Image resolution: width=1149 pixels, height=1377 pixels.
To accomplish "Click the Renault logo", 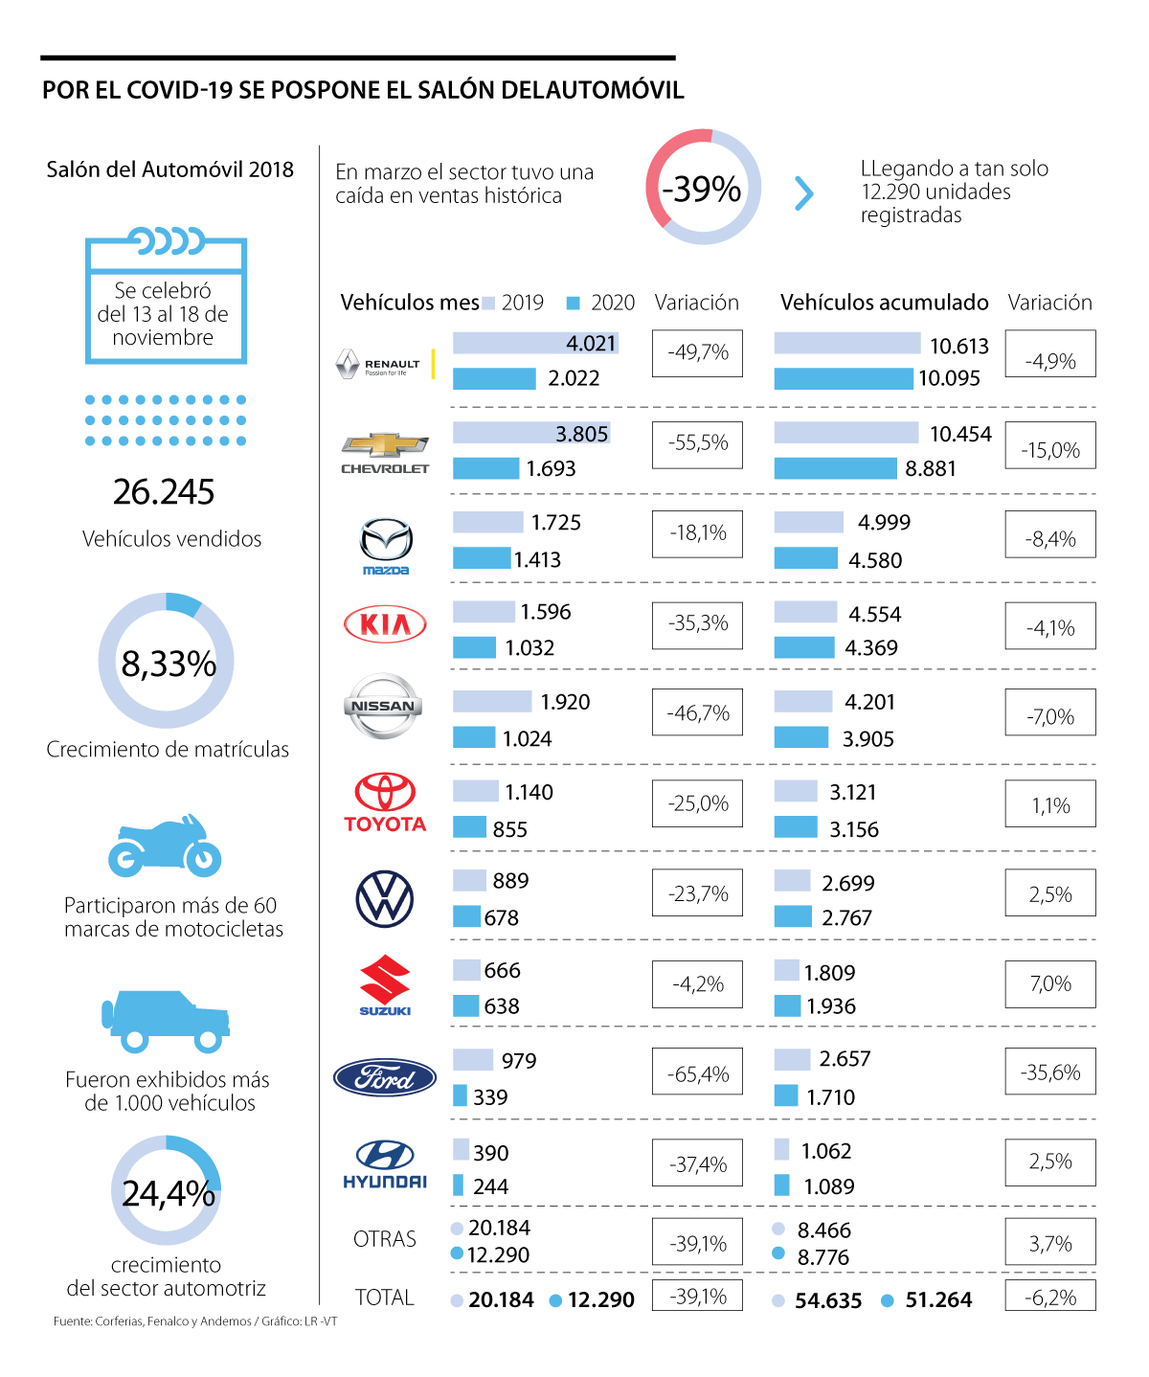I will point(379,364).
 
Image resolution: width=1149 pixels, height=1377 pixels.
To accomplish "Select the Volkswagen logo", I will point(385,899).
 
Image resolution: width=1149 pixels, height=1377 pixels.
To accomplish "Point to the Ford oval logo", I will point(385,1078).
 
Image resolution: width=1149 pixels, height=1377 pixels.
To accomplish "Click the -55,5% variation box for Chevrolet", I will point(697,443).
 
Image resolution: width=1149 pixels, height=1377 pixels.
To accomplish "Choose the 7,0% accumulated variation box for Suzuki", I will point(1050,984).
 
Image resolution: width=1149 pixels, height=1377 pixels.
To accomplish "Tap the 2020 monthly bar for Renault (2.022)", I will point(494,378).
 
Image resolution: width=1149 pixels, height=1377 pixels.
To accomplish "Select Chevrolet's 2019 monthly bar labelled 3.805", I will point(530,434).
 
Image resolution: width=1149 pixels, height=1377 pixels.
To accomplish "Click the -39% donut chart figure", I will point(703,188).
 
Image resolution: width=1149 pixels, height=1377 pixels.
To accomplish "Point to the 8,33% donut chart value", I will point(168,663).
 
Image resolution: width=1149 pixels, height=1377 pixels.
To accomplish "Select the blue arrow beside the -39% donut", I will point(804,192).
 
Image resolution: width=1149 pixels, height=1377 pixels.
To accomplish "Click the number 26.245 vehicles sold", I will point(164,492).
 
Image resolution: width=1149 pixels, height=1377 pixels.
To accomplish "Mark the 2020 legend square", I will point(574,304).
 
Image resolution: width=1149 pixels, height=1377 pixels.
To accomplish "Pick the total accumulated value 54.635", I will point(828,1300).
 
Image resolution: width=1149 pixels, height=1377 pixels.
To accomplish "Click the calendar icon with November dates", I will point(166,297).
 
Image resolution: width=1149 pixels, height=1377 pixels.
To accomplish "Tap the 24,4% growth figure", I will point(168,1193).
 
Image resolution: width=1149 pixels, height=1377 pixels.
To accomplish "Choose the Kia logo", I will point(385,624).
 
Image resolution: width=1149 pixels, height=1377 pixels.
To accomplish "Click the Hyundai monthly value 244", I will point(490,1186).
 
